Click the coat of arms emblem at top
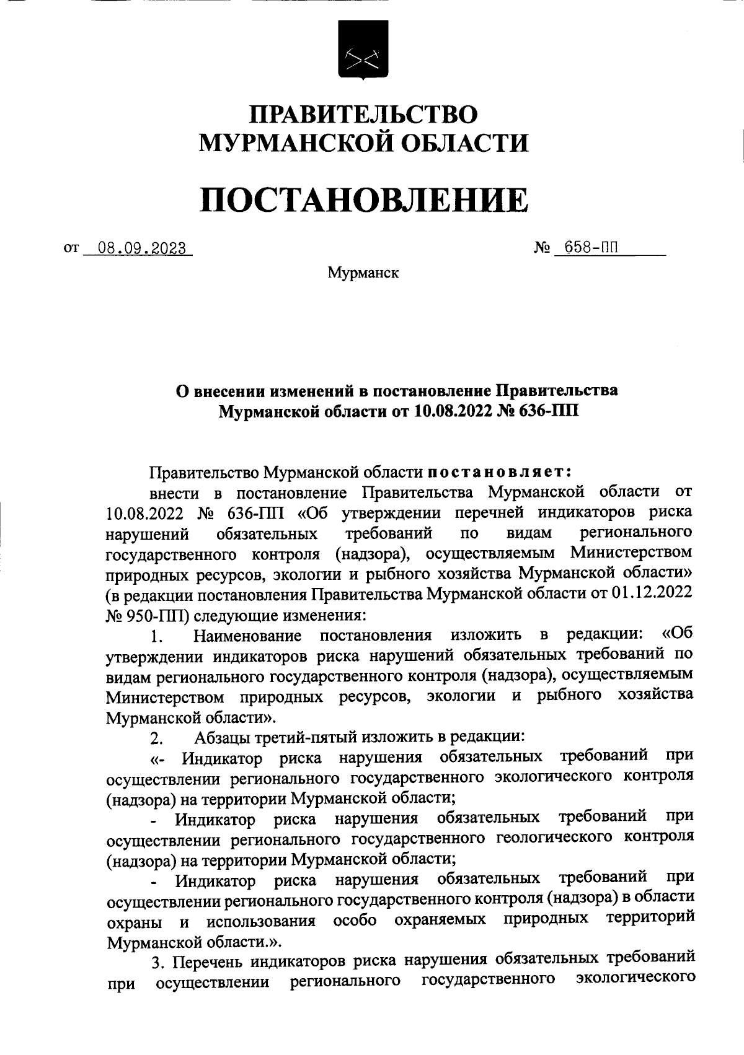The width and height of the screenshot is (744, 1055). point(363,49)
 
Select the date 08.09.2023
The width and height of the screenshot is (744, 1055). point(138,249)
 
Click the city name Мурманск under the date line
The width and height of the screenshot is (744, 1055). point(363,273)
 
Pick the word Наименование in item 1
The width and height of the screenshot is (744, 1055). point(247,636)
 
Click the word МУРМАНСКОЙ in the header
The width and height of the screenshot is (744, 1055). point(301,144)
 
